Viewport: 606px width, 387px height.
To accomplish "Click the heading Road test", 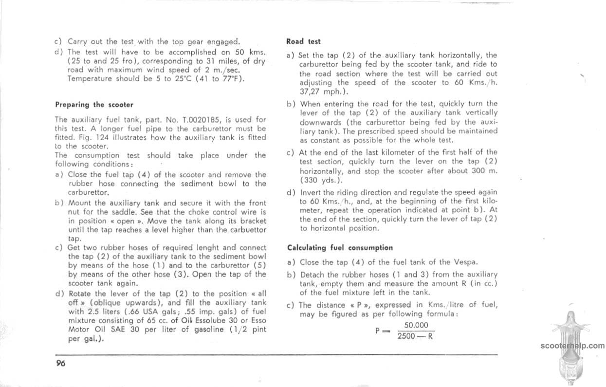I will (x=304, y=42).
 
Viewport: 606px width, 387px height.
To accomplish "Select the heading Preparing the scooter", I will (x=94, y=105).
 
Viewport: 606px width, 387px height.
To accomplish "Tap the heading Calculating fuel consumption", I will (x=340, y=247).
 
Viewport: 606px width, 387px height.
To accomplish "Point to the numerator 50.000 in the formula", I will (x=416, y=325).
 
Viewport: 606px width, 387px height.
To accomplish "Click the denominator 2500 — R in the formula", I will (x=415, y=336).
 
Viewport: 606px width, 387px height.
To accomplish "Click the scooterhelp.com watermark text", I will (x=572, y=346).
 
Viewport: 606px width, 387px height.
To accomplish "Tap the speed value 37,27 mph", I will (x=316, y=92).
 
